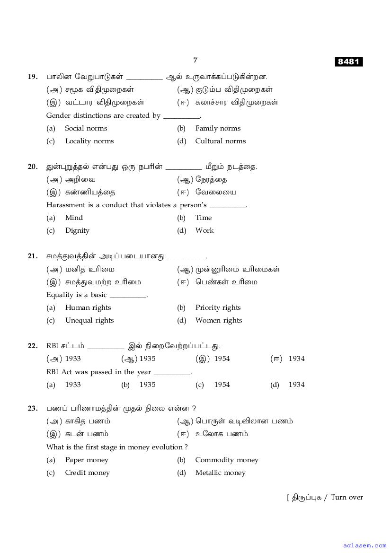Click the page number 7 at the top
(195, 60)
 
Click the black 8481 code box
(349, 62)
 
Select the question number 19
(33, 77)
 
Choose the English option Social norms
(86, 128)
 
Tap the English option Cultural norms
(220, 141)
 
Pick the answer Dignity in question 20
(77, 230)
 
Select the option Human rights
(88, 307)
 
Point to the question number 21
(33, 256)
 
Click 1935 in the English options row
(147, 385)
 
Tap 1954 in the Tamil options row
(222, 359)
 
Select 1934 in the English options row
(296, 385)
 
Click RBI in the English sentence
(53, 372)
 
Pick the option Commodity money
(227, 460)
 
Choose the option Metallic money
(220, 473)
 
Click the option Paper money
(87, 460)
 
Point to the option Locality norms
(89, 141)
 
